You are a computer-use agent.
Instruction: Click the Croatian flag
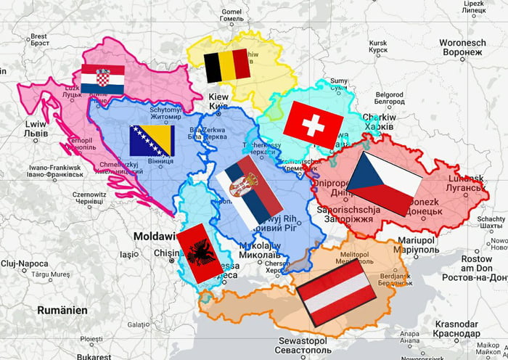102,79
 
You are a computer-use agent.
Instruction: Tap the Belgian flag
226,67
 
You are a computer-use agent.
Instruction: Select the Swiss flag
314,124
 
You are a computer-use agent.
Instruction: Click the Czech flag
384,182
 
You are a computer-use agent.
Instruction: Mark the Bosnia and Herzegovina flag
152,141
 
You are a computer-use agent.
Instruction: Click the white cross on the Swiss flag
314,125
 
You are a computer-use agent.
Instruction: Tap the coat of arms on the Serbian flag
239,189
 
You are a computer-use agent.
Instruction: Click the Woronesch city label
462,47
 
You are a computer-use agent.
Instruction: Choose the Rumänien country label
62,310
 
